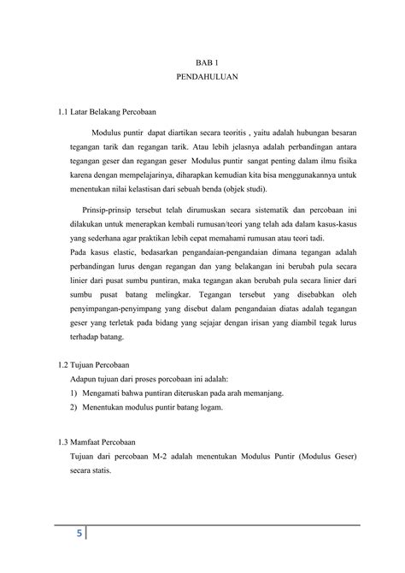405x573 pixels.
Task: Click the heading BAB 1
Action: tap(202, 61)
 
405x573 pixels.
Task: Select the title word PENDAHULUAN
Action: tap(202, 76)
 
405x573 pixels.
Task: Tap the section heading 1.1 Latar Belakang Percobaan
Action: tap(104, 111)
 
